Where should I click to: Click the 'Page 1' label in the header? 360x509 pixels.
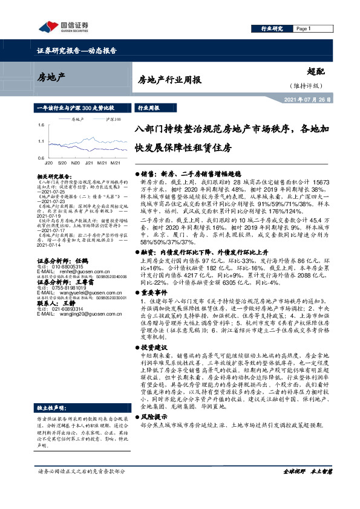(303, 28)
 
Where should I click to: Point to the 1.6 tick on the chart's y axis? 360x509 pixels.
(42, 125)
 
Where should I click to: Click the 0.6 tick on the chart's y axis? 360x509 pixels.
(42, 157)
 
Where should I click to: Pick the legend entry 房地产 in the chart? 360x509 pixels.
(73, 120)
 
